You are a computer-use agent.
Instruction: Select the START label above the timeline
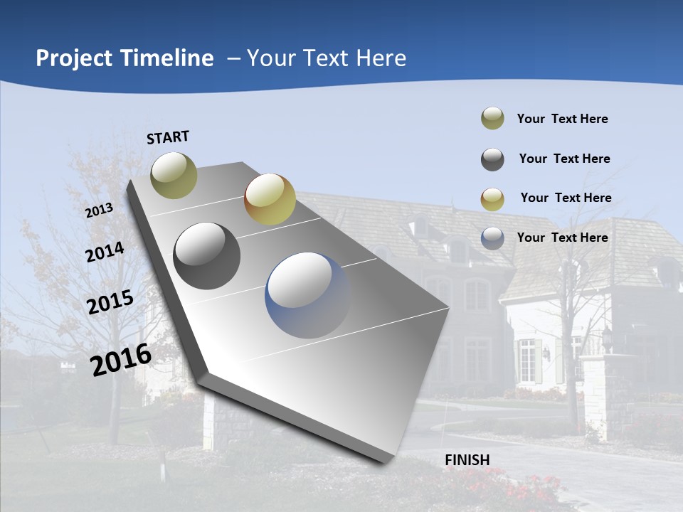pyautogui.click(x=168, y=137)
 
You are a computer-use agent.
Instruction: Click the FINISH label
pyautogui.click(x=467, y=460)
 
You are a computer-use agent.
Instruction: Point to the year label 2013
pyautogui.click(x=100, y=210)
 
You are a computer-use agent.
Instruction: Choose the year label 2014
pyautogui.click(x=105, y=252)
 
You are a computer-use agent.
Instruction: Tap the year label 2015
pyautogui.click(x=110, y=302)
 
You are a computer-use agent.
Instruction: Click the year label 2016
pyautogui.click(x=121, y=359)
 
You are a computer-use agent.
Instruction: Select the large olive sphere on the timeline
pyautogui.click(x=174, y=175)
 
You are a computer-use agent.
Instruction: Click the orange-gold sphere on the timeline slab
pyautogui.click(x=270, y=198)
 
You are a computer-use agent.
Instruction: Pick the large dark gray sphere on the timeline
pyautogui.click(x=207, y=256)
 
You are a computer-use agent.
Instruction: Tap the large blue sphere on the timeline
pyautogui.click(x=308, y=295)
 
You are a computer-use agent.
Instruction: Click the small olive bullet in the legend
pyautogui.click(x=492, y=119)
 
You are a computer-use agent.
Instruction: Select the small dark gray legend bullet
pyautogui.click(x=492, y=159)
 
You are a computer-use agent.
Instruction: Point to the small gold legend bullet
pyautogui.click(x=492, y=199)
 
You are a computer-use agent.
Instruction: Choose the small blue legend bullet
pyautogui.click(x=492, y=238)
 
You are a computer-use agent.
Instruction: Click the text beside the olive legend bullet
pyautogui.click(x=563, y=119)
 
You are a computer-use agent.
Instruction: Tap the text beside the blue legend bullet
pyautogui.click(x=563, y=238)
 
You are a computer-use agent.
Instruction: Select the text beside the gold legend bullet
pyautogui.click(x=566, y=198)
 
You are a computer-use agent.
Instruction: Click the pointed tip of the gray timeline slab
pyautogui.click(x=385, y=461)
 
